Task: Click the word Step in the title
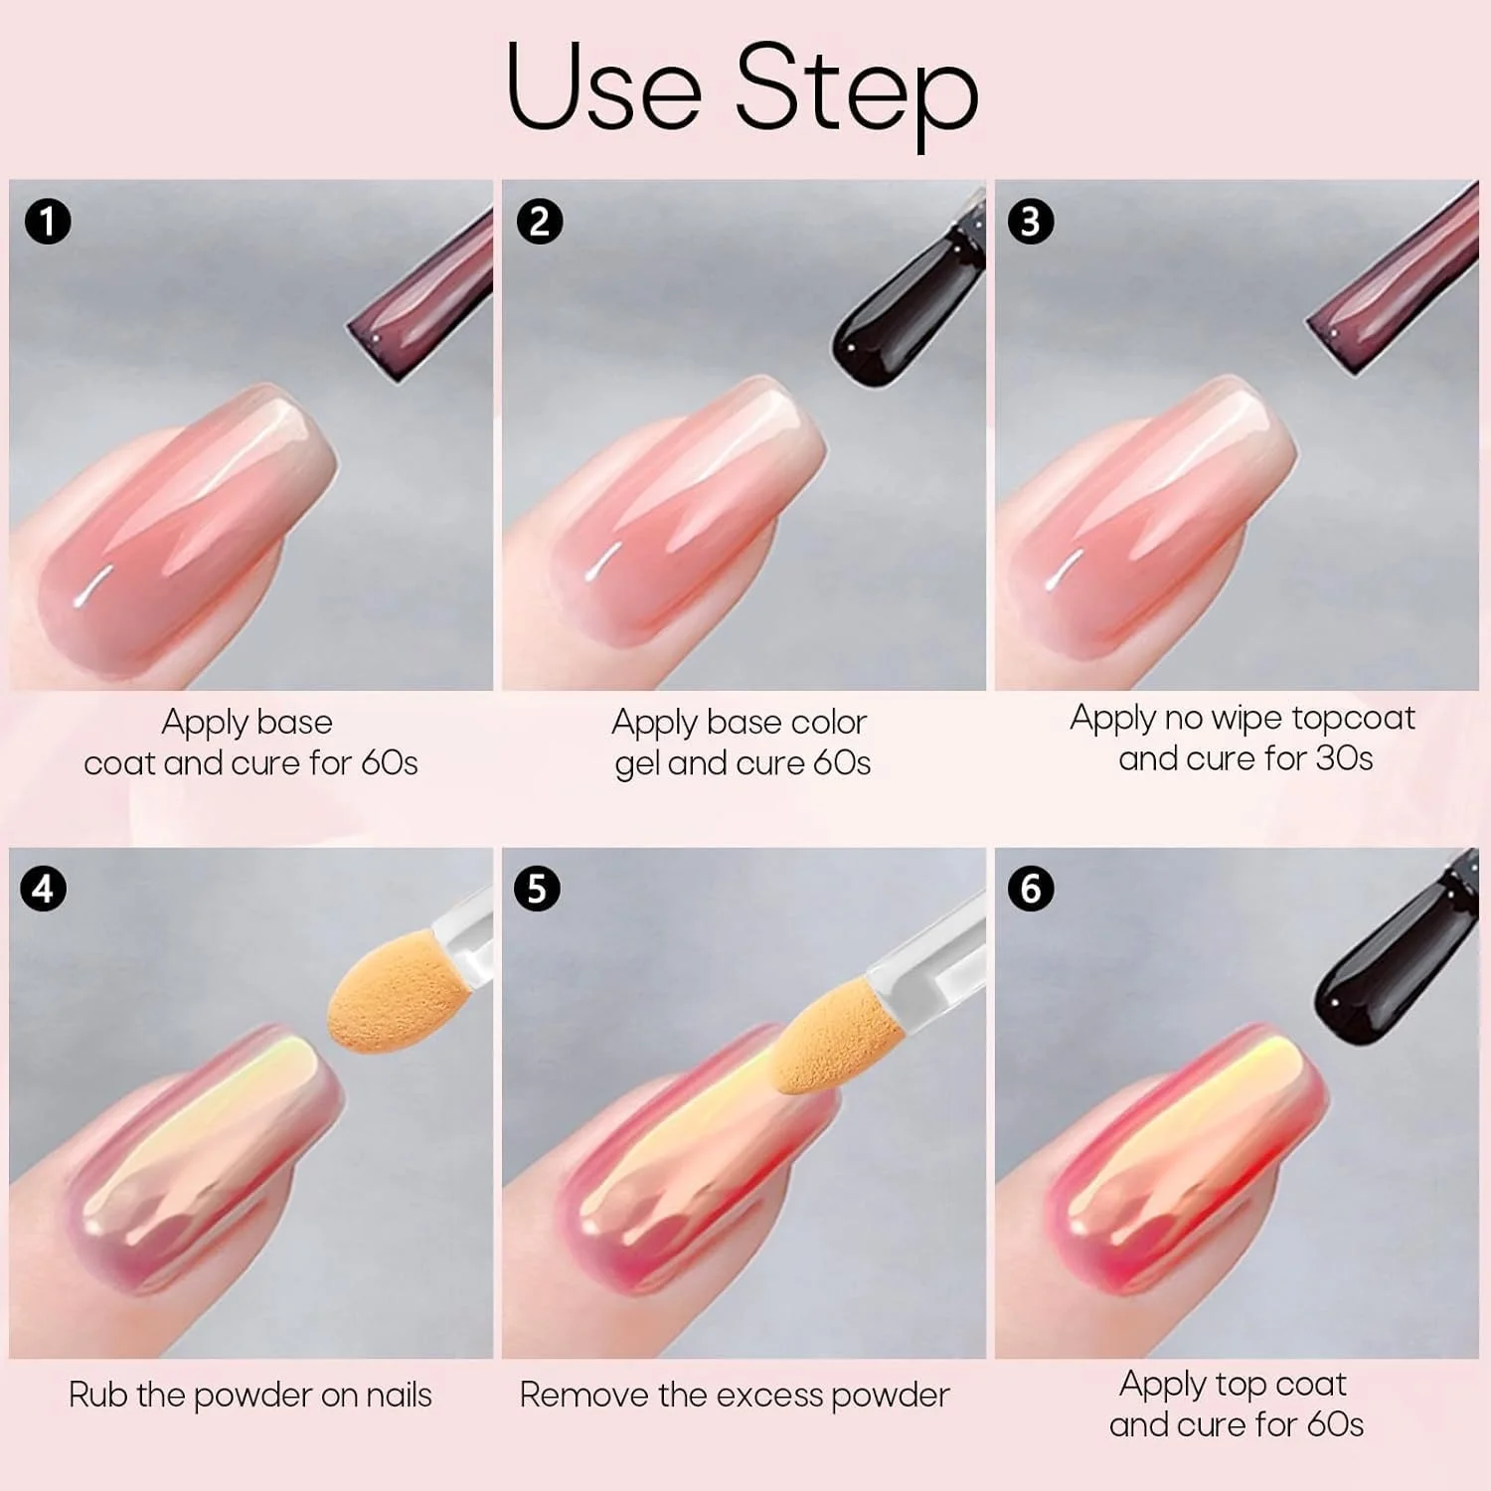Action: tap(857, 92)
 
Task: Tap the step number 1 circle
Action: tap(47, 221)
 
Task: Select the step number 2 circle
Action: tap(539, 221)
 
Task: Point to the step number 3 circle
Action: tap(1031, 221)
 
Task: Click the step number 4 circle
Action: tap(43, 888)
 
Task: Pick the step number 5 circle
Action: tap(537, 888)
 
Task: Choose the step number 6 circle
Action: tap(1031, 888)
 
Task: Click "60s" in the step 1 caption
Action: tap(389, 763)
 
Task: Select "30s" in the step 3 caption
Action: tap(1344, 759)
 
